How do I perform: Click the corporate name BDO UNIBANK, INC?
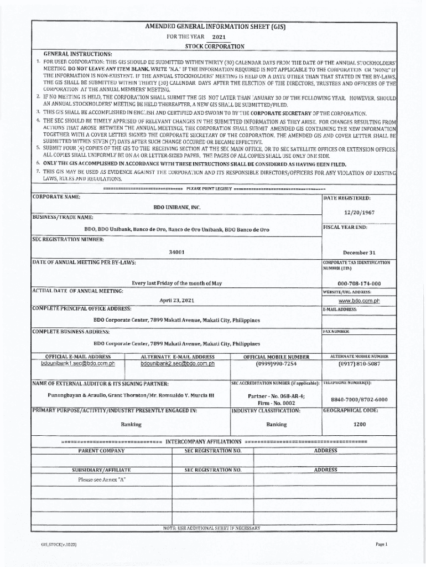pyautogui.click(x=176, y=207)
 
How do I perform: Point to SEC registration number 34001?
pyautogui.click(x=176, y=252)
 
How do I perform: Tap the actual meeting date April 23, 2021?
pyautogui.click(x=176, y=300)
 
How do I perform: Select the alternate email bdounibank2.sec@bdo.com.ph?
pyautogui.click(x=178, y=364)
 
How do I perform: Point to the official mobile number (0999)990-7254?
pyautogui.click(x=276, y=364)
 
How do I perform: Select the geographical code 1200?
pyautogui.click(x=360, y=424)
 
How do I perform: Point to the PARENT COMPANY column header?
pyautogui.click(x=101, y=451)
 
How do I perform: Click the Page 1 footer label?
pyautogui.click(x=382, y=544)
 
